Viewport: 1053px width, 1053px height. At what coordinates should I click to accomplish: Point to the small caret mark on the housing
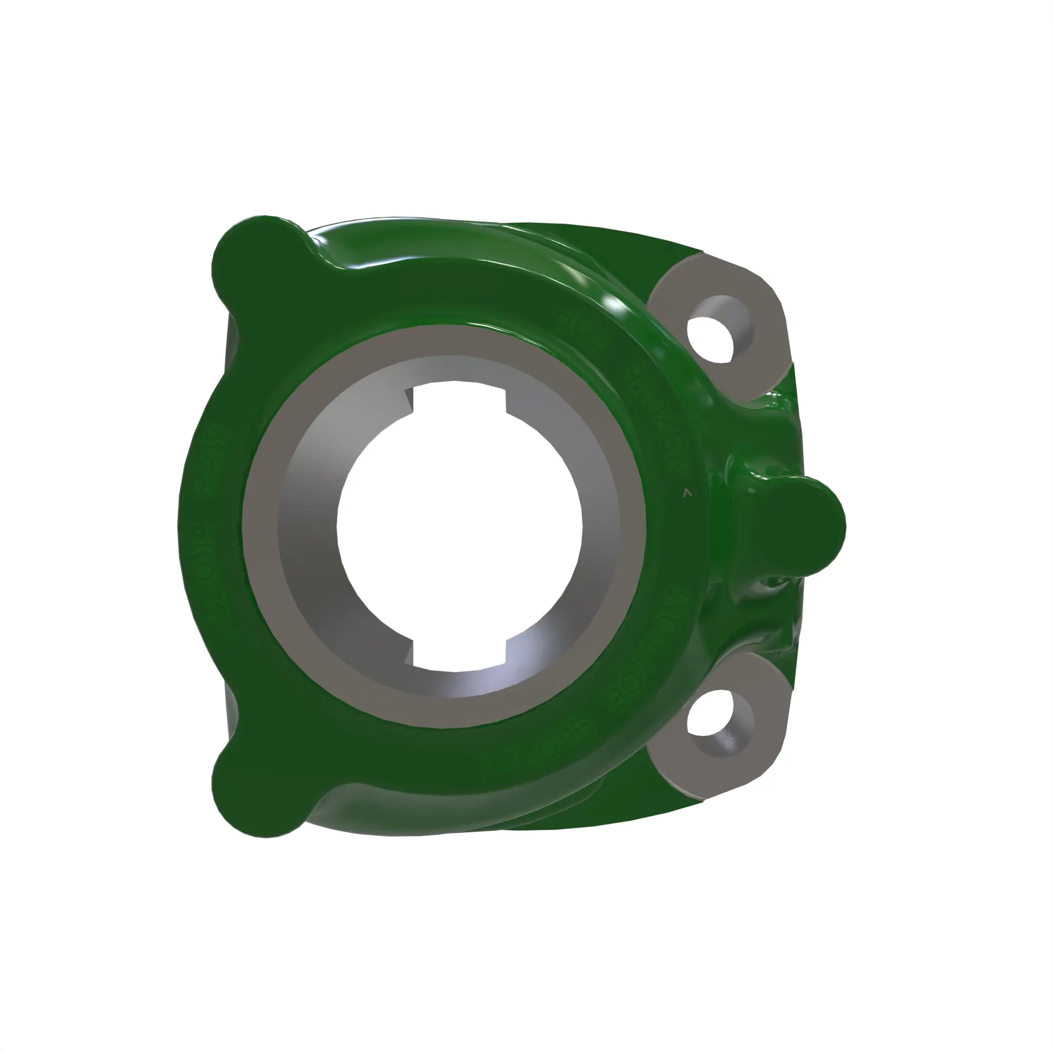687,493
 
